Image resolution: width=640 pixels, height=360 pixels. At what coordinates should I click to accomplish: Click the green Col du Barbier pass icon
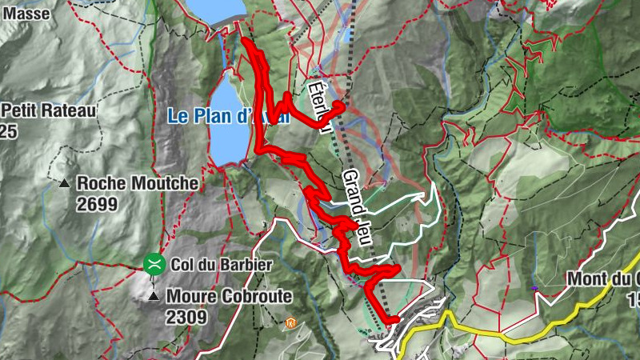point(153,263)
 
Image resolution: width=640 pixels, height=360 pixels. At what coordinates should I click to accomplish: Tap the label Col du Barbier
point(210,264)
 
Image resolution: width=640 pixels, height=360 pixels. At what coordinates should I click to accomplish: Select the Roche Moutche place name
point(138,183)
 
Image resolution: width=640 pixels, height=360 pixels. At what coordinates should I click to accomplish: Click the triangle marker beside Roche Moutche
point(64,183)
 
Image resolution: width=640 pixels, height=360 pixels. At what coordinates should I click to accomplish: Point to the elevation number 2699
point(98,204)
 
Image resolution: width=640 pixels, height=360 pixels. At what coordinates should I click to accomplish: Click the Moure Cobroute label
point(229,297)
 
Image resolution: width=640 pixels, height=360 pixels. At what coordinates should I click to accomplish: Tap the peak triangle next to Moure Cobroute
point(154,297)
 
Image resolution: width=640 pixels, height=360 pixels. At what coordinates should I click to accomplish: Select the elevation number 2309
point(187,317)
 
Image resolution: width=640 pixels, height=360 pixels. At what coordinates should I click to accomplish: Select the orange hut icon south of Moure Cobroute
point(291,323)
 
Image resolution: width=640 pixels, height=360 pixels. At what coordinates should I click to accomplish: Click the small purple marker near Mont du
point(534,287)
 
